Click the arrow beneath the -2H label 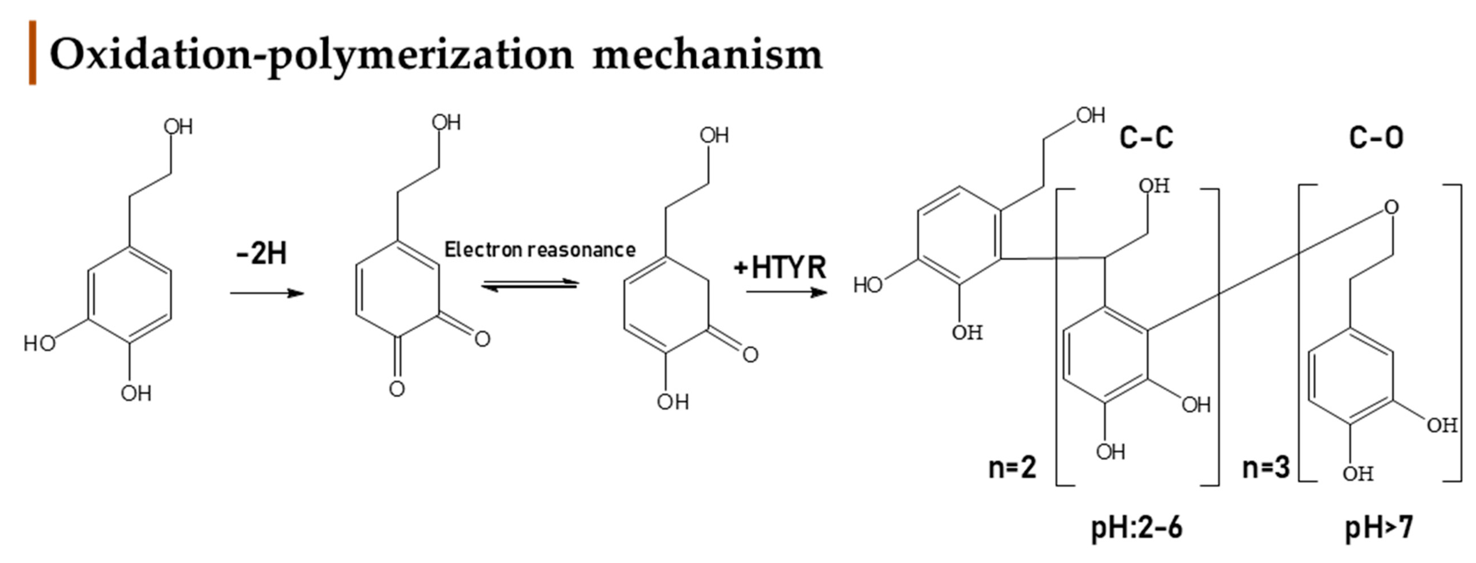click(x=267, y=294)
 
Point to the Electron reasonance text click(x=540, y=250)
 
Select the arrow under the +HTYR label click(x=786, y=292)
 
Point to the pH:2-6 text click(x=1137, y=527)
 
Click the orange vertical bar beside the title click(x=33, y=53)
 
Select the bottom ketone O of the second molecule click(x=397, y=389)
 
